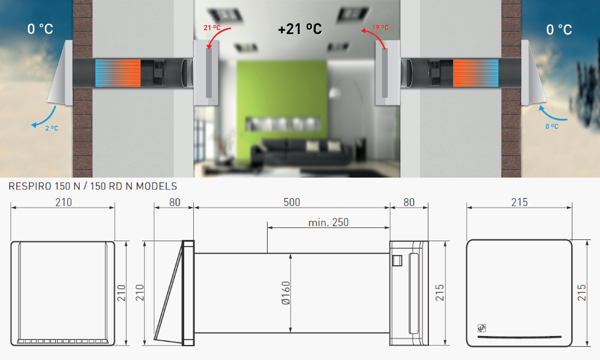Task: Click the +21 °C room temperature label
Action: click(300, 29)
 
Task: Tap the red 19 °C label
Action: click(380, 28)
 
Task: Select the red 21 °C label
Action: click(212, 28)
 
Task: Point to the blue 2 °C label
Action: click(52, 128)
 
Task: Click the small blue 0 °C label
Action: click(552, 126)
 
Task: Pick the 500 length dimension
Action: click(292, 202)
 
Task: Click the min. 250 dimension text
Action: click(328, 222)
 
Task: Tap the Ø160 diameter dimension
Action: click(286, 293)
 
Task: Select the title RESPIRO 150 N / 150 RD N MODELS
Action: click(92, 187)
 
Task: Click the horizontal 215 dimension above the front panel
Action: click(519, 202)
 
